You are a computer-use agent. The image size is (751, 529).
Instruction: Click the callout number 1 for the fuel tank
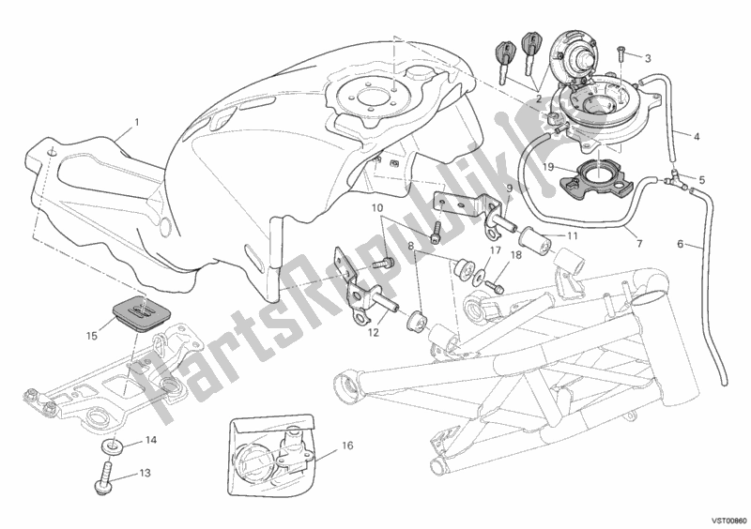coord(137,123)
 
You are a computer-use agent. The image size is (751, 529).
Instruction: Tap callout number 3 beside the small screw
coord(648,59)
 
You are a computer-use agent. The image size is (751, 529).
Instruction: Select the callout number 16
coord(347,446)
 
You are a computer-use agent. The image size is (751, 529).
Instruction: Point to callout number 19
coord(549,167)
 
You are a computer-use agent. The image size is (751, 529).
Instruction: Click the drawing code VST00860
coord(728,521)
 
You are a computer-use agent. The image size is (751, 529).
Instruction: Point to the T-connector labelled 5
coord(676,179)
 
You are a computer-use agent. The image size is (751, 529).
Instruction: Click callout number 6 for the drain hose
coord(680,244)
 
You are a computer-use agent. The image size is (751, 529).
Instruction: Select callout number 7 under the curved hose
coord(639,244)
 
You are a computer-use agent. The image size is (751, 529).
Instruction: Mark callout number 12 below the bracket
coord(374,332)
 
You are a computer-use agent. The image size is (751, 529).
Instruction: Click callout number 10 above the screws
coord(377,208)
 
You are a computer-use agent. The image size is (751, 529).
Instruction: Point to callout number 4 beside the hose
coord(696,137)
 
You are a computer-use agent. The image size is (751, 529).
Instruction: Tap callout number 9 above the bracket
coord(509,188)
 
